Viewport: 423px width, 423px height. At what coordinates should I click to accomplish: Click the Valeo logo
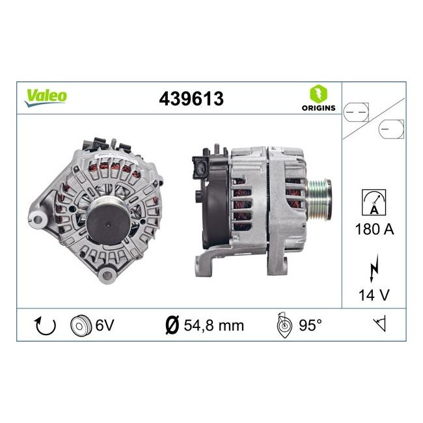click(46, 96)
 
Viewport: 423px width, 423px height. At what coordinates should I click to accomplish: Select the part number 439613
click(191, 98)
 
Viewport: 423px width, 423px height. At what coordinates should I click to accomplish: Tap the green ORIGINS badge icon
click(318, 92)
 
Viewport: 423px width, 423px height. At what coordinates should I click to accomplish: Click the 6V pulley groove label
click(104, 325)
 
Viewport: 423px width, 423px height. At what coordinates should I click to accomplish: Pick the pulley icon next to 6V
click(80, 325)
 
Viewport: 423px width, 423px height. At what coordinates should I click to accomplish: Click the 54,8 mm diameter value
click(211, 325)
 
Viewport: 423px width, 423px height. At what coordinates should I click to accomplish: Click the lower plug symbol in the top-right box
click(390, 130)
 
